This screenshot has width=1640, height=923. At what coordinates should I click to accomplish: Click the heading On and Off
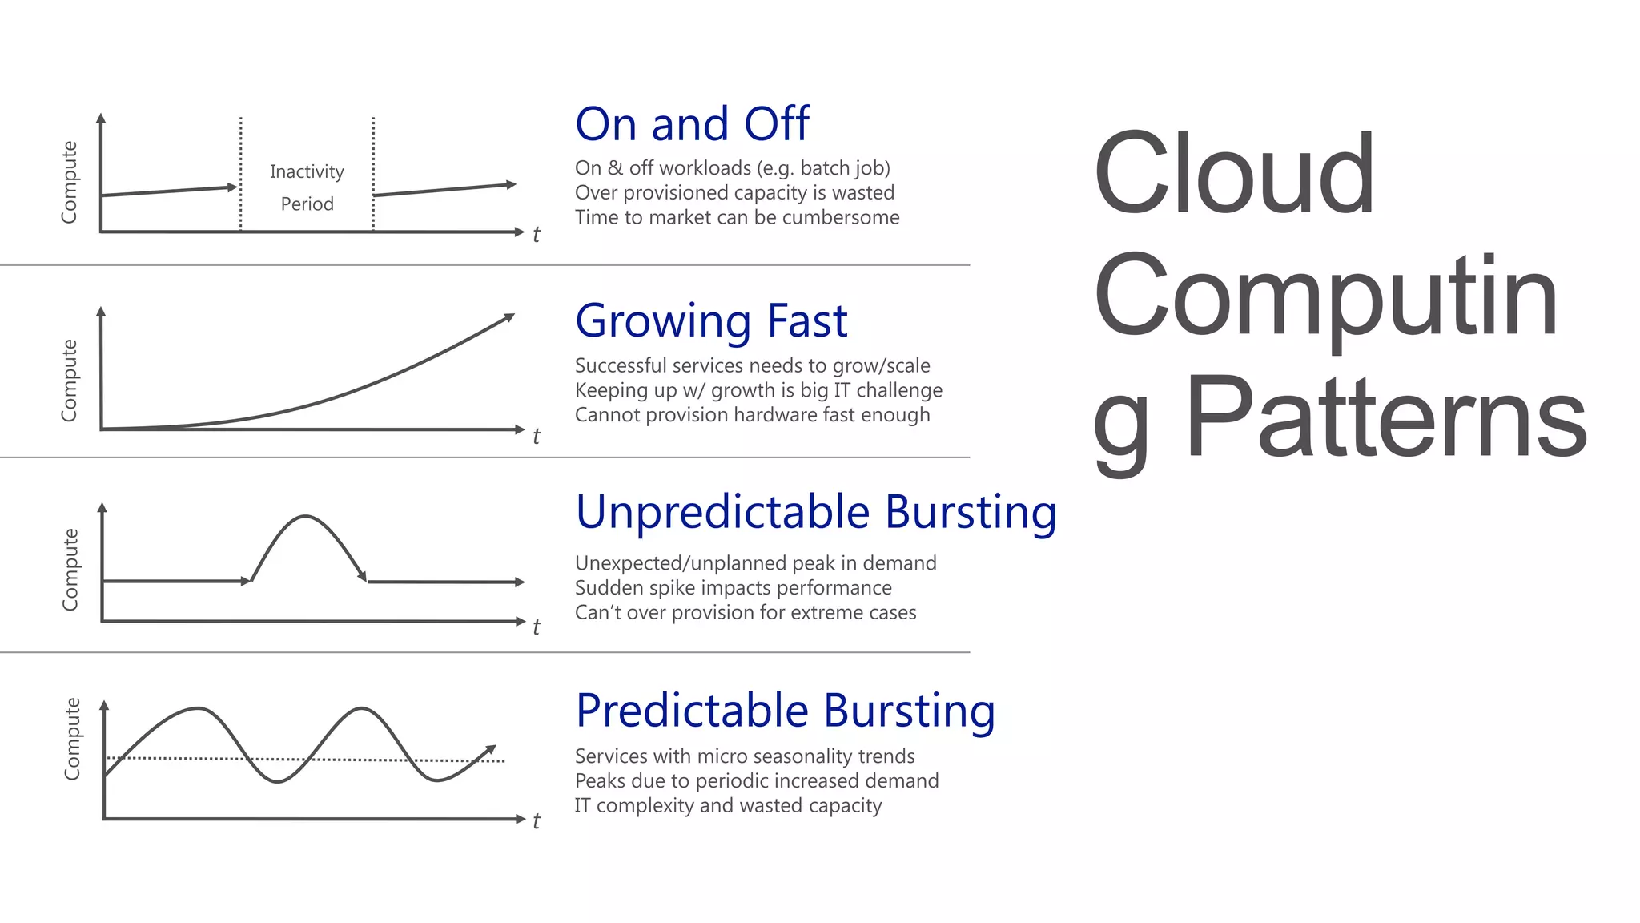(692, 125)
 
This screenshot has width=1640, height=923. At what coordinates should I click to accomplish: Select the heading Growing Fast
(711, 321)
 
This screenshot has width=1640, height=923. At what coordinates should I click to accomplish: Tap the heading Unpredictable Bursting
(816, 512)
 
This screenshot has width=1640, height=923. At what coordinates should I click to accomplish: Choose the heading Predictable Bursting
(786, 711)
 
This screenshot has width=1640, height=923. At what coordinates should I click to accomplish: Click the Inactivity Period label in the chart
(307, 187)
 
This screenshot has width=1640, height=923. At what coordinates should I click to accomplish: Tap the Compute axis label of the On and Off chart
(70, 182)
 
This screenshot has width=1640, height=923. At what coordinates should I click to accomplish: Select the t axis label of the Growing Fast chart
(536, 436)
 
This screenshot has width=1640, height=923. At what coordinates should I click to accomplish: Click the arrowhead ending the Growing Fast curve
(508, 317)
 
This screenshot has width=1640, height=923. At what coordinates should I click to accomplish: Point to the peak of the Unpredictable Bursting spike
(305, 517)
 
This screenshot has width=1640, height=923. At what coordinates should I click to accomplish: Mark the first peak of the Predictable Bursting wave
(199, 708)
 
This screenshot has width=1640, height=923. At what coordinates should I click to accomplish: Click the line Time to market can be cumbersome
(737, 217)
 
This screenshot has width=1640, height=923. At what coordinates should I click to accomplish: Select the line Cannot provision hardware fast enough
(752, 415)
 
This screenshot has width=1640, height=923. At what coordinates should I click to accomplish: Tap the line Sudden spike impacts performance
(733, 588)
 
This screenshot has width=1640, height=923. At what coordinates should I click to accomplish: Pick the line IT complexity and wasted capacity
(728, 805)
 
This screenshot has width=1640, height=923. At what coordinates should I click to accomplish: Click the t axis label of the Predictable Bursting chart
(536, 820)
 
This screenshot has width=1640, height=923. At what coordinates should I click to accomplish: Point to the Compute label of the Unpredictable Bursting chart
(70, 569)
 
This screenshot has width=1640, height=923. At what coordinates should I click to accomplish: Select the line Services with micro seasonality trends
(744, 756)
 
